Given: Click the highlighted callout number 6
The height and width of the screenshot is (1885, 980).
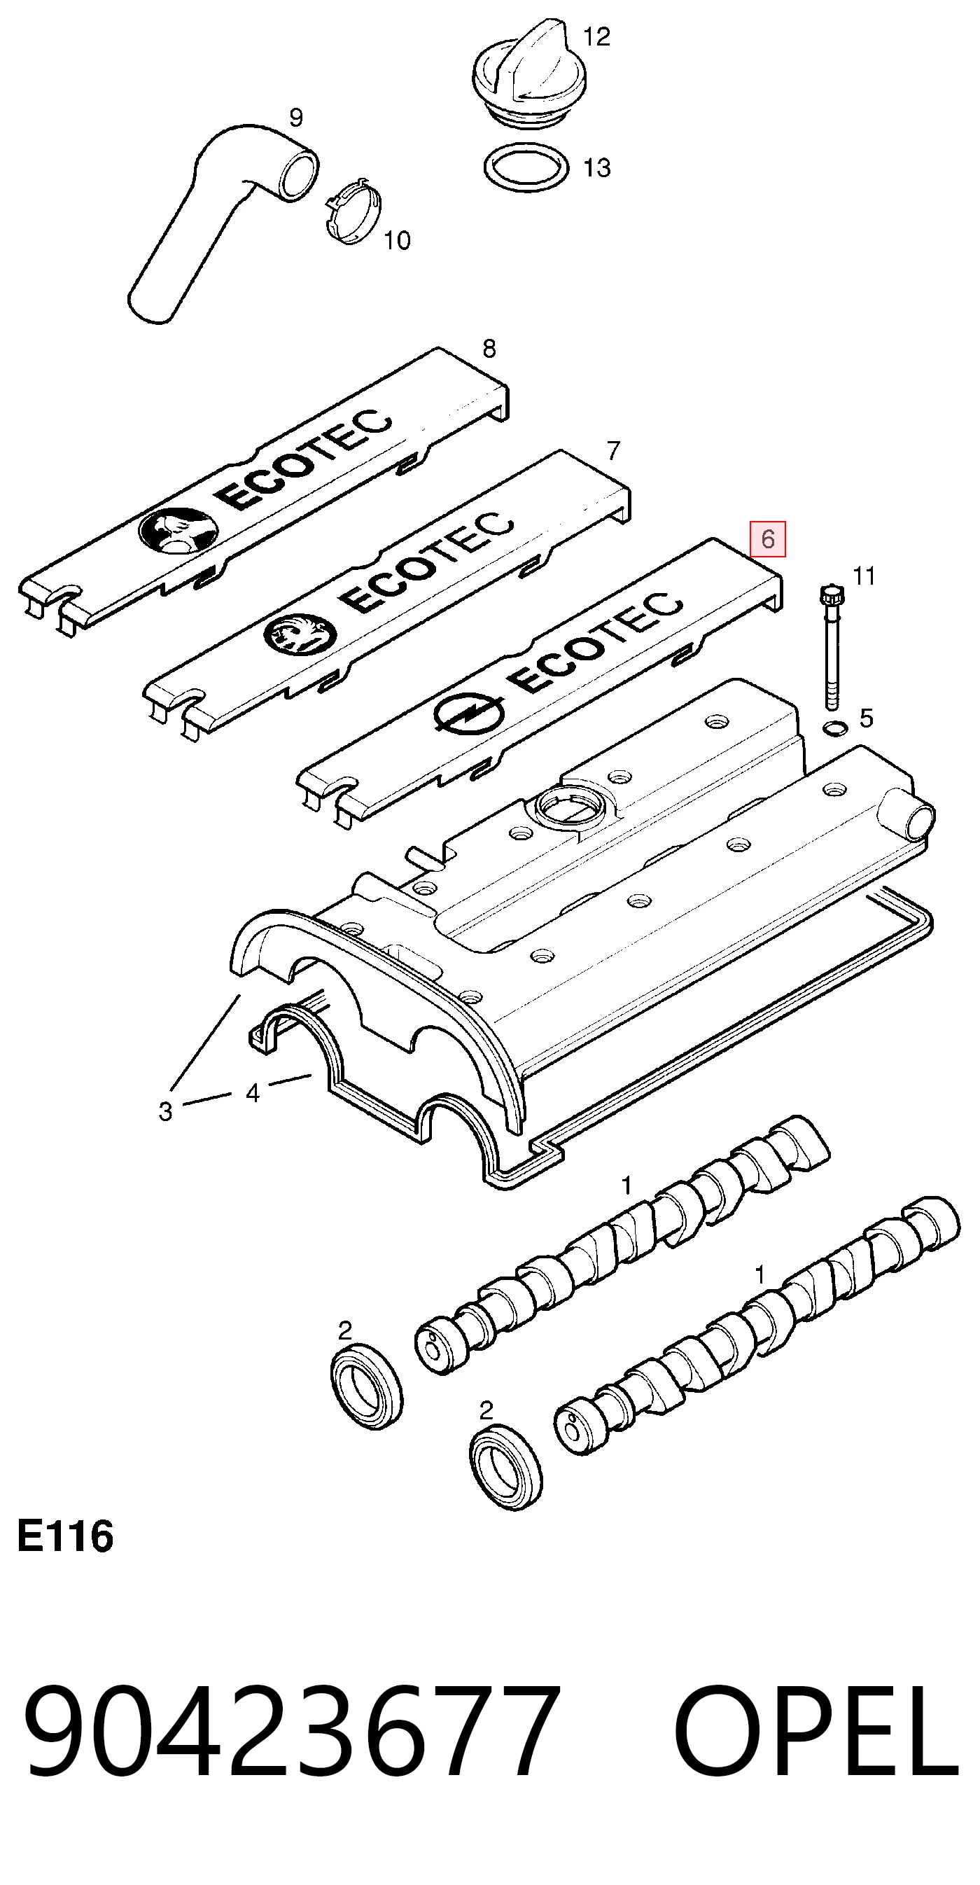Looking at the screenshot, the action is click(x=767, y=539).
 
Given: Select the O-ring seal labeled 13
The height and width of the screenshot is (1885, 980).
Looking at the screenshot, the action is click(x=526, y=168).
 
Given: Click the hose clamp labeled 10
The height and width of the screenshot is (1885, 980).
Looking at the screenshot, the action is click(x=353, y=212).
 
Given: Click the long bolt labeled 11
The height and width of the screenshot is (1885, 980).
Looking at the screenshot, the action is click(x=832, y=648).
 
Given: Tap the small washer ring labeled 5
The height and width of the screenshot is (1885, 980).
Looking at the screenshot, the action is click(x=834, y=728).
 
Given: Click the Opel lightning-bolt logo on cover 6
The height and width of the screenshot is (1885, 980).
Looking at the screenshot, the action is click(x=468, y=713).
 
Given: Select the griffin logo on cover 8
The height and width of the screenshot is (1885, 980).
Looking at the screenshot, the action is click(x=178, y=530).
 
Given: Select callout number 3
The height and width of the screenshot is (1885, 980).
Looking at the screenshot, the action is click(x=165, y=1111).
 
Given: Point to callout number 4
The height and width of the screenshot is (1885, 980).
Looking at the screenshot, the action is click(x=253, y=1093).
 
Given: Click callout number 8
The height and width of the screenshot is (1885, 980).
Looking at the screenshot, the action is click(x=489, y=349).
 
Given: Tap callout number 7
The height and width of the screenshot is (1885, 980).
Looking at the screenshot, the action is click(x=614, y=450).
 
